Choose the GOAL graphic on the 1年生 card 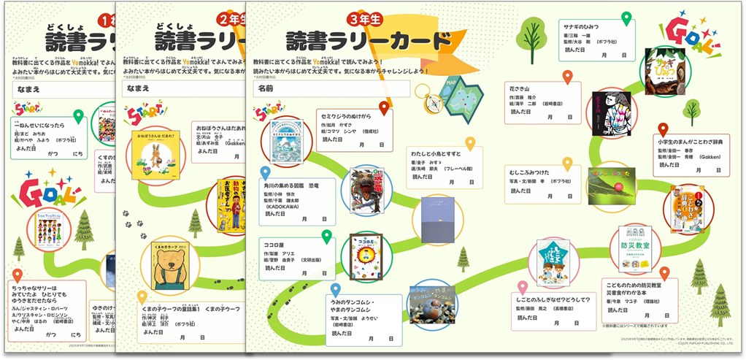click(x=45, y=190)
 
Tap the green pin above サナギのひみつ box click(x=626, y=19)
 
